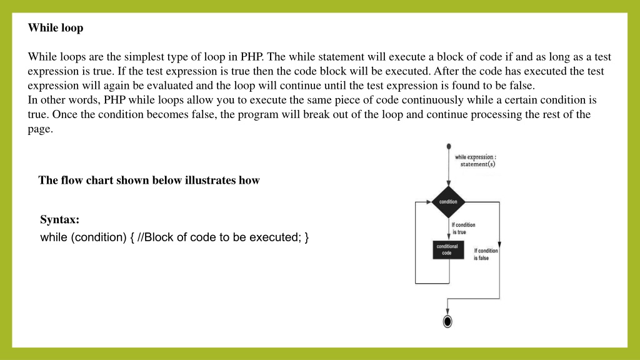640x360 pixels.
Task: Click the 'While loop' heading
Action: [56, 27]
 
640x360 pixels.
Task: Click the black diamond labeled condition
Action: [448, 202]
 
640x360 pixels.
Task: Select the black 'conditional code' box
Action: [448, 250]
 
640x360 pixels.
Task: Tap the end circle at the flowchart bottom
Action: [447, 322]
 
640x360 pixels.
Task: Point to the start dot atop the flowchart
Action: [449, 146]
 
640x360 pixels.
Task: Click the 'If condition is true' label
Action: [463, 228]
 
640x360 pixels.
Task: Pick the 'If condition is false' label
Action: [486, 254]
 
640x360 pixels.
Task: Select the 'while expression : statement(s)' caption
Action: [476, 161]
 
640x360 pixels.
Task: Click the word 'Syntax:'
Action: [59, 219]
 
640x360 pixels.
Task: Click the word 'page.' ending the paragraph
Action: [41, 129]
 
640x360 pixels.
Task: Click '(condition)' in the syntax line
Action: [99, 237]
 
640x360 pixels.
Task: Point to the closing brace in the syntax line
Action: [306, 237]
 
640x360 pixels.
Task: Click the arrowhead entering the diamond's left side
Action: [429, 202]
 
